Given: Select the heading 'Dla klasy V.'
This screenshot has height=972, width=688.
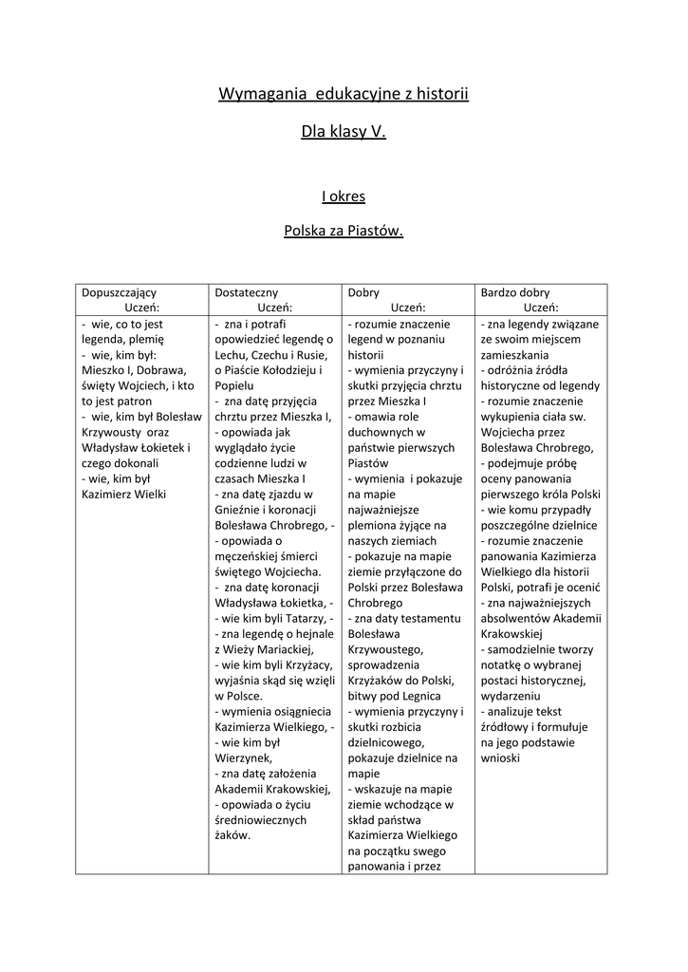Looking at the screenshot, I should pos(344,133).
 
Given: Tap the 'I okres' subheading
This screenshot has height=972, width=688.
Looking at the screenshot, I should pos(344,196).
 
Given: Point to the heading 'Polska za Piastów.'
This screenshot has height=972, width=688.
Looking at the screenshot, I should pos(344,231).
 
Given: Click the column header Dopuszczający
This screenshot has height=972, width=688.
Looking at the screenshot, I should pos(120,292).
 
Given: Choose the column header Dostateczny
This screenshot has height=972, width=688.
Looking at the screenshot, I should pos(247,292).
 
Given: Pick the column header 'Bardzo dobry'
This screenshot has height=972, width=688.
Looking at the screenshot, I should pos(515,292).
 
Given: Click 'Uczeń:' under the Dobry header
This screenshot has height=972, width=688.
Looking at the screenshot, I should pos(408,307).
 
